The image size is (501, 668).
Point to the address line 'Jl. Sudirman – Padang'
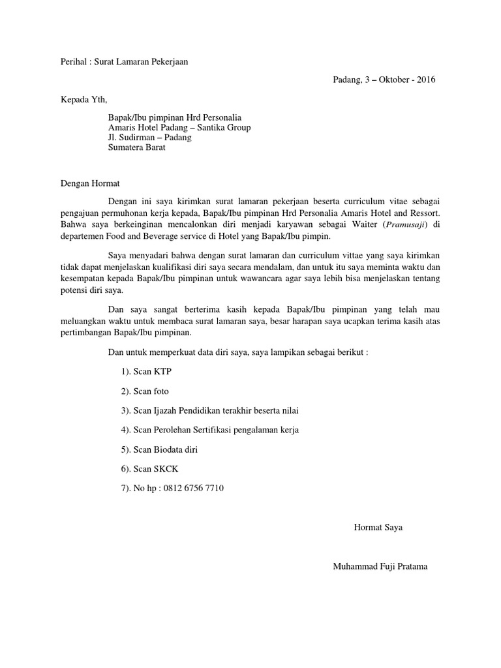[149, 138]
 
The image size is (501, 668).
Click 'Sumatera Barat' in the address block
[137, 147]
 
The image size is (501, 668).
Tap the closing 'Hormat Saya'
[378, 527]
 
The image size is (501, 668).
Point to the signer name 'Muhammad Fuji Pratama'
[380, 566]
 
